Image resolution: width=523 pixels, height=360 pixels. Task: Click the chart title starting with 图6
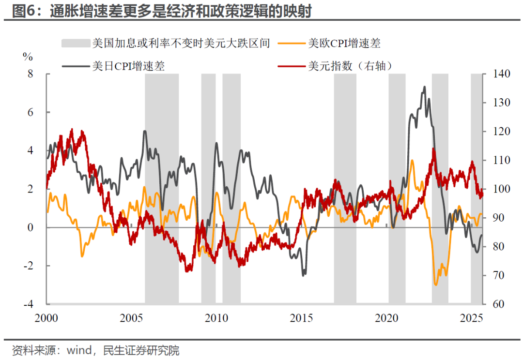161,11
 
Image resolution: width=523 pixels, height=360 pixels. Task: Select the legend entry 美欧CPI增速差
344,43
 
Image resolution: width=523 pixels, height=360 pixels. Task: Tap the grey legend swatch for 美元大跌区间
76,43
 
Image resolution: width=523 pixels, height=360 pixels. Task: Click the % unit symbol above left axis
28,57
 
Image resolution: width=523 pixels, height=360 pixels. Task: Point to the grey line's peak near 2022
425,87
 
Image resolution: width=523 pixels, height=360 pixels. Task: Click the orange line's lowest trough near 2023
435,285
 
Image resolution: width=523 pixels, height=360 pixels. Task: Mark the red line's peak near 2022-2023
434,149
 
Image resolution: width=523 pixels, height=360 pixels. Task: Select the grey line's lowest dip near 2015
304,275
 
